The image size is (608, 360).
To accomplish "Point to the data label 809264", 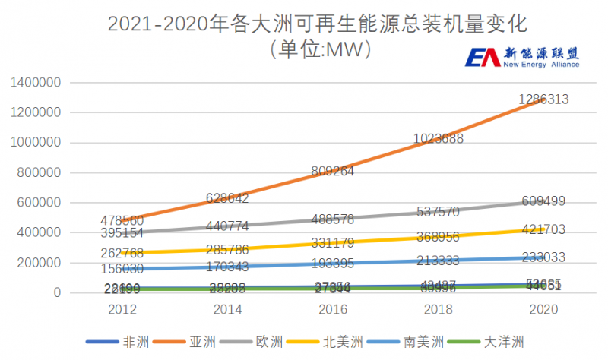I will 331,172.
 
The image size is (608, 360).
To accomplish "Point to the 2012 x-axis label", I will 122,310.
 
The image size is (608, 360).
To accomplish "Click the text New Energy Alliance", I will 542,65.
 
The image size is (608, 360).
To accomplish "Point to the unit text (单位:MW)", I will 319,50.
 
